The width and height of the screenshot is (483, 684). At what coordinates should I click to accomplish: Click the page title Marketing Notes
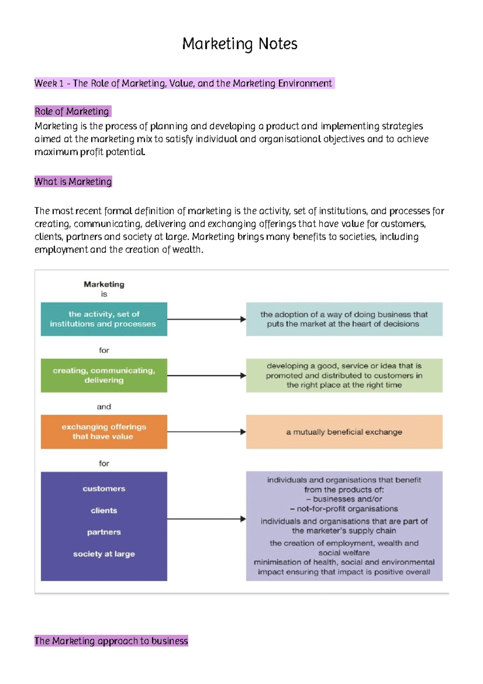(x=239, y=44)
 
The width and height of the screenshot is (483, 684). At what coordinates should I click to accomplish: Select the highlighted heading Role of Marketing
(x=72, y=111)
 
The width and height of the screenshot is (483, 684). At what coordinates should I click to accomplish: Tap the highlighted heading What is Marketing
(x=73, y=182)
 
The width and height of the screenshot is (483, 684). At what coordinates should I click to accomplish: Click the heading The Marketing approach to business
(x=111, y=640)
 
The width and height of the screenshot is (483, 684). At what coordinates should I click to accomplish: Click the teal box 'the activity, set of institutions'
(x=104, y=319)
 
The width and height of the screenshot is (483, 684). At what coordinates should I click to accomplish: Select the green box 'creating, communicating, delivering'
(x=104, y=375)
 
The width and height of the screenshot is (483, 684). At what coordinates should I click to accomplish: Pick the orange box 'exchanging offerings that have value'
(x=104, y=432)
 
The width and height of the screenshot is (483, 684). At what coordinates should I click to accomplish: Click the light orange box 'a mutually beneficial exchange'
(x=344, y=432)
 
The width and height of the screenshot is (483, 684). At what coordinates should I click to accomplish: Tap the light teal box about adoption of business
(x=344, y=319)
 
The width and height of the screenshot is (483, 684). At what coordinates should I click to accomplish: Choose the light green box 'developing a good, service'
(x=344, y=375)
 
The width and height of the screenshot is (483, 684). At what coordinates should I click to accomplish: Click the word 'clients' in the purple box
(x=104, y=510)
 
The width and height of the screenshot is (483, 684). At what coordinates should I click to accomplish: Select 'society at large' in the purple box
(x=104, y=554)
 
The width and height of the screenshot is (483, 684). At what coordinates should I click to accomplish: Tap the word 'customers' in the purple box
(x=104, y=489)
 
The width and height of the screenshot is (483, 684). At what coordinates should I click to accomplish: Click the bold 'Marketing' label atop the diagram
(x=104, y=284)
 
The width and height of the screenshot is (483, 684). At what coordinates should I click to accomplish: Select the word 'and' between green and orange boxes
(x=104, y=407)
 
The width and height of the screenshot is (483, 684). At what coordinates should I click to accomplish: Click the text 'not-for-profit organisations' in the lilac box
(x=347, y=509)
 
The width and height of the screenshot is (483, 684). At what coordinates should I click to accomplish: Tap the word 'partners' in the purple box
(x=104, y=532)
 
